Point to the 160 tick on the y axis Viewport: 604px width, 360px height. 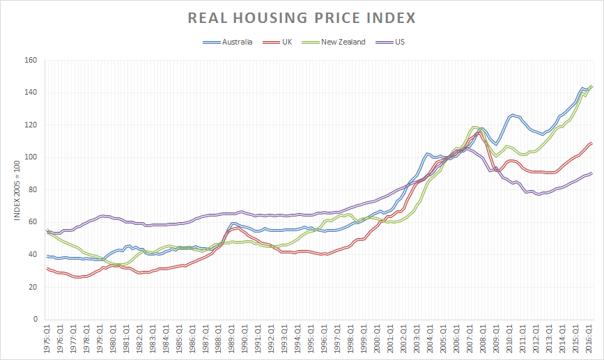(x=31, y=60)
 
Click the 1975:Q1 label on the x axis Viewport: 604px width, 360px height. (x=47, y=340)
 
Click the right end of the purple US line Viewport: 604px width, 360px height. (x=591, y=173)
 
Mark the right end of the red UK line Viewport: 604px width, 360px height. (x=591, y=143)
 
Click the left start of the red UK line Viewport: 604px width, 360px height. (x=47, y=268)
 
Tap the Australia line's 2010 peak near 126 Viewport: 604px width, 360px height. (x=513, y=115)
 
